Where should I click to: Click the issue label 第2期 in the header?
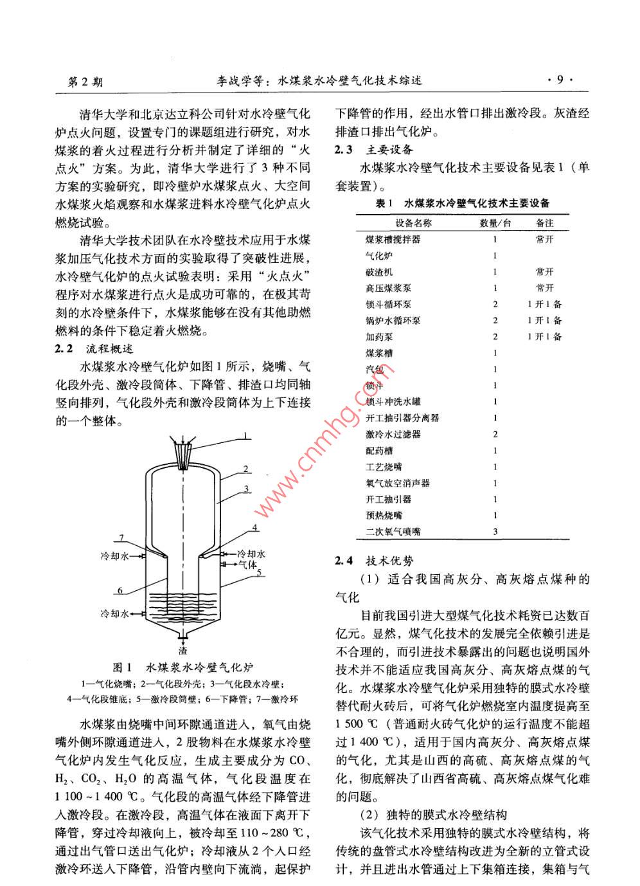(x=85, y=82)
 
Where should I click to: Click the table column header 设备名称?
(x=413, y=223)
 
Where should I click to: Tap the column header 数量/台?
(x=495, y=223)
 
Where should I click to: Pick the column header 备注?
(x=544, y=223)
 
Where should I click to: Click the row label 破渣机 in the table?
(x=379, y=272)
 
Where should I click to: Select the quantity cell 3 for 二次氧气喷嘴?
(x=495, y=532)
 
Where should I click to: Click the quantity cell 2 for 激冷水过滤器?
(x=495, y=434)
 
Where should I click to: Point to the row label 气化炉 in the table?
(x=379, y=256)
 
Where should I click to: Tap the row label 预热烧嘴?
(x=384, y=515)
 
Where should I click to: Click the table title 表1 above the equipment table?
(x=462, y=203)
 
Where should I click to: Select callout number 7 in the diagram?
(x=120, y=538)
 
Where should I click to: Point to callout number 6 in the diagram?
(x=120, y=590)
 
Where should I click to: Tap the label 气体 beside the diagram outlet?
(x=247, y=564)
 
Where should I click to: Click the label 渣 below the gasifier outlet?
(x=183, y=651)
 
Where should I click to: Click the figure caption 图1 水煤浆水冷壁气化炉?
(x=187, y=667)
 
